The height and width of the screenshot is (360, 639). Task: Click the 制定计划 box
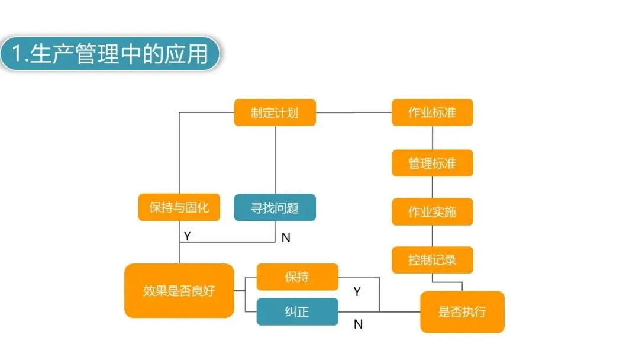(275, 112)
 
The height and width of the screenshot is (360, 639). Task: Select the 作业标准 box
(432, 112)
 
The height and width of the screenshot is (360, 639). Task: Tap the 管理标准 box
(432, 163)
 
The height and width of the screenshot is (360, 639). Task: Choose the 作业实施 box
(432, 211)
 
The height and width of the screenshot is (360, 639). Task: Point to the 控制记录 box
(432, 260)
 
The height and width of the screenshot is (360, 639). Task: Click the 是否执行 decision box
(462, 311)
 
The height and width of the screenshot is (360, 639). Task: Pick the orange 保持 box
(297, 277)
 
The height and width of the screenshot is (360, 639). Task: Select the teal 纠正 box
(297, 311)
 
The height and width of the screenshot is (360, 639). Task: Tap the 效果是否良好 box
(179, 291)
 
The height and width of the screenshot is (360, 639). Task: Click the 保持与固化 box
(179, 208)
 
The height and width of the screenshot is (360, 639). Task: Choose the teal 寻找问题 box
(275, 208)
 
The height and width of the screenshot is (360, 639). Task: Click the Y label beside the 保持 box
(357, 291)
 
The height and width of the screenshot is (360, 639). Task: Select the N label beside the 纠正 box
(358, 324)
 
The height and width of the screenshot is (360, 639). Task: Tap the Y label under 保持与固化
(187, 236)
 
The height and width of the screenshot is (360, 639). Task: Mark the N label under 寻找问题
(286, 238)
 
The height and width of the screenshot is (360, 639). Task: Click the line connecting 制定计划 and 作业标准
(354, 112)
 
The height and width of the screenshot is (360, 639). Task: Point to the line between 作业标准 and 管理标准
(432, 137)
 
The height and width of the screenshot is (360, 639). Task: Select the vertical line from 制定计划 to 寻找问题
(275, 160)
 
